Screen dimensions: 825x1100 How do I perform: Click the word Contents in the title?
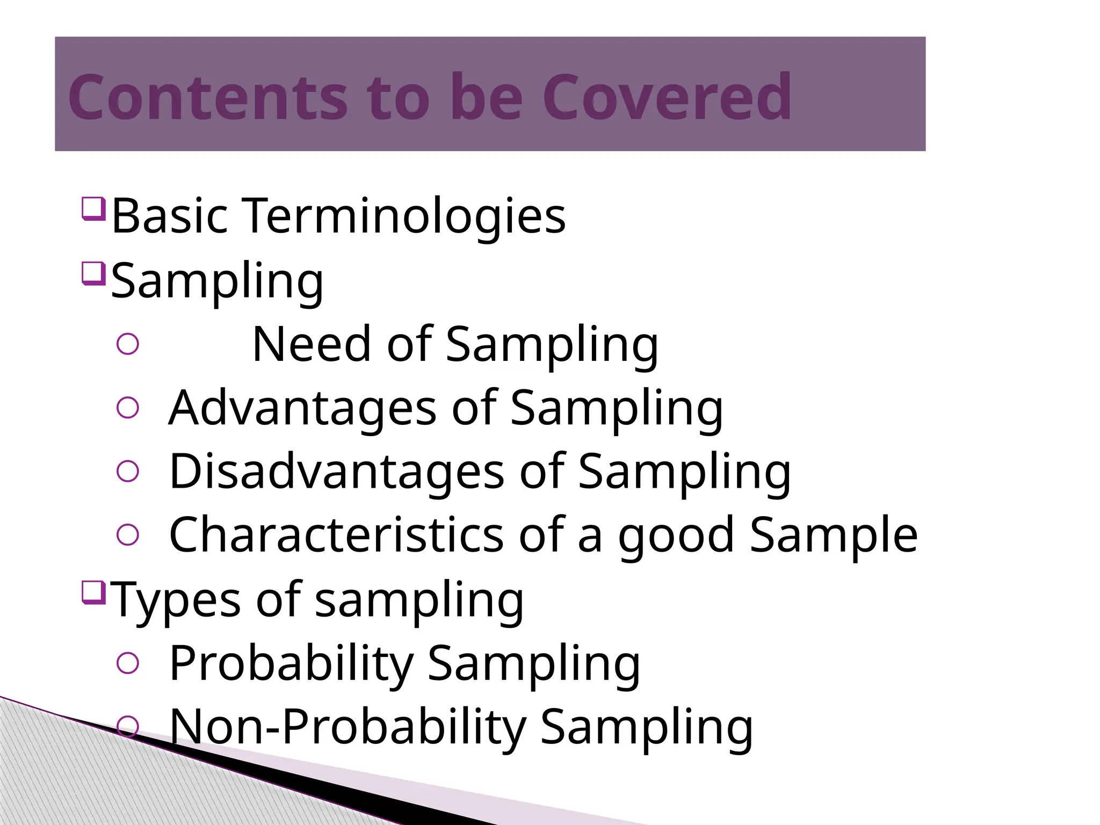coord(207,97)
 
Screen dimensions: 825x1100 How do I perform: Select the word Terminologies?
coord(406,216)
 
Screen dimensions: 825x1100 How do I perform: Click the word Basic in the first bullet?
coord(170,216)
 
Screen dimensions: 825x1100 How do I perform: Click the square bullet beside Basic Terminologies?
coord(93,208)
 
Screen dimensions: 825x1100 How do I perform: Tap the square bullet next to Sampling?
coord(93,273)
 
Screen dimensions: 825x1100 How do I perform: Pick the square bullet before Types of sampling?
coord(93,592)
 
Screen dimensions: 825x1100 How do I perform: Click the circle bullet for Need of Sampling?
coord(128,344)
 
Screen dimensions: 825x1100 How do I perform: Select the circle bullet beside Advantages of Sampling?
coord(128,408)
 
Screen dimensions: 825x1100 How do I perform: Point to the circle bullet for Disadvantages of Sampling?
coord(128,472)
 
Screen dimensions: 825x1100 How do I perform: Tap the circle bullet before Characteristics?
coord(128,535)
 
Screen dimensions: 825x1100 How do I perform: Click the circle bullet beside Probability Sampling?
coord(128,663)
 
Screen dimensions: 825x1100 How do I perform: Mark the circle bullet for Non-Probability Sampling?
coord(128,726)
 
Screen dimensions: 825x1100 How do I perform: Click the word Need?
coord(312,344)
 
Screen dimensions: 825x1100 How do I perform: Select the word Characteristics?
coord(336,535)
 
